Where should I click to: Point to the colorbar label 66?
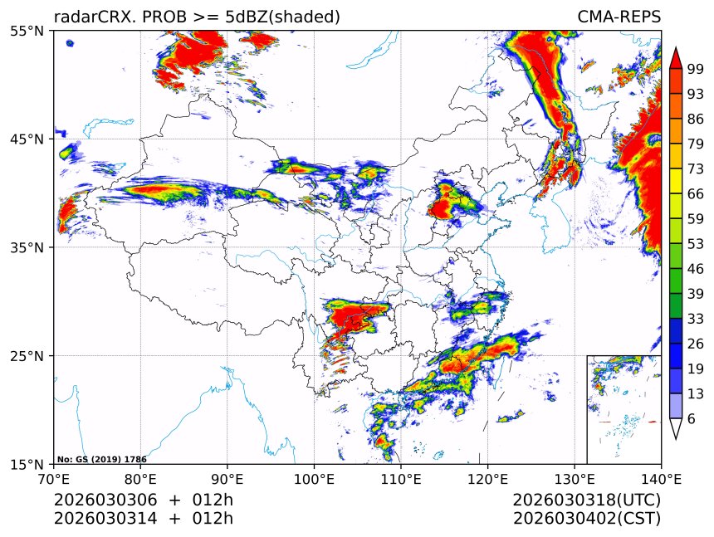point(695,194)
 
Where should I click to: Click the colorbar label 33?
point(695,319)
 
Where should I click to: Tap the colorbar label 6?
point(692,419)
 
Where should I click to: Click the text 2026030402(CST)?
point(586,519)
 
